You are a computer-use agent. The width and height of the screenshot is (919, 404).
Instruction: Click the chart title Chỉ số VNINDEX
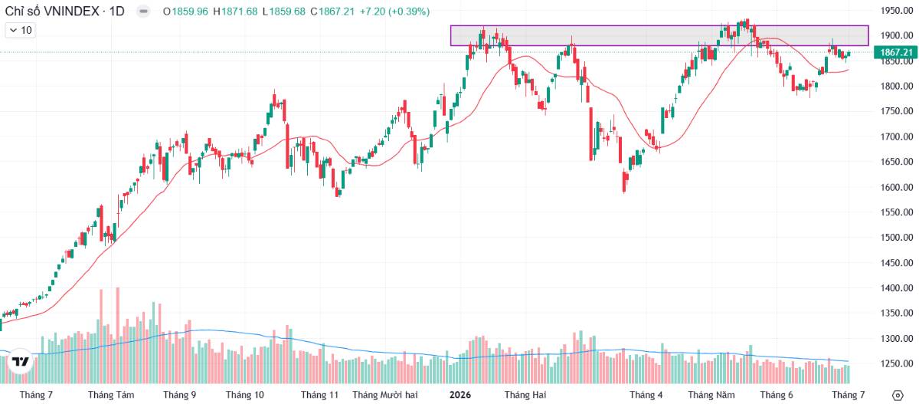pos(52,11)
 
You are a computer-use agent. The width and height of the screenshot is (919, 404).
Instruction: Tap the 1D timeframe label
pos(117,11)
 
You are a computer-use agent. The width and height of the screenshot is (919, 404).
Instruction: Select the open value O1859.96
pos(186,11)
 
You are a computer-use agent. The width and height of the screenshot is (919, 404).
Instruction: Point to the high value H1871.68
pos(235,11)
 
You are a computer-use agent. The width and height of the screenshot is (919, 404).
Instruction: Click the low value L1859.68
pos(284,11)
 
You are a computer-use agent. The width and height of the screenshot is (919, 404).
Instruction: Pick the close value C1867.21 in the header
pos(332,11)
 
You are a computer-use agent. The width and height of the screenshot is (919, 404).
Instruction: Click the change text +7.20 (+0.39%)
pos(394,11)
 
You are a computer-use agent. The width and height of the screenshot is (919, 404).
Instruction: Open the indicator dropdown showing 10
pos(21,31)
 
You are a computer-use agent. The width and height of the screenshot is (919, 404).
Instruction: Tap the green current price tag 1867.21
pos(896,53)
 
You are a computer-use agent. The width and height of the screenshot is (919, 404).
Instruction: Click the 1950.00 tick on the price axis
pos(897,10)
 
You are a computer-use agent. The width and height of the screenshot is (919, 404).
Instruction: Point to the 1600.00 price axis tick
pos(897,187)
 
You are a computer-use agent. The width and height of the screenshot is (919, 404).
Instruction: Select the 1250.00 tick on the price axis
pos(897,364)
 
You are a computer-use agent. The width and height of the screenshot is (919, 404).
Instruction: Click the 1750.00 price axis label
pos(897,111)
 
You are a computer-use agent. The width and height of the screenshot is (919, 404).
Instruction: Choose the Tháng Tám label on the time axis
pos(111,395)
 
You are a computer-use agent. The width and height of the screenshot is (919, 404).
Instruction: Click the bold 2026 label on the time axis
pos(460,395)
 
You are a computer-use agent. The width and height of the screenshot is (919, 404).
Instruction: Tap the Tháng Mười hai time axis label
pos(384,395)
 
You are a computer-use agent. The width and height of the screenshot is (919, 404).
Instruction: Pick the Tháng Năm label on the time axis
pos(711,395)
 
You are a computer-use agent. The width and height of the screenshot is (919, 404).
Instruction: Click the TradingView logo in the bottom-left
pos(20,362)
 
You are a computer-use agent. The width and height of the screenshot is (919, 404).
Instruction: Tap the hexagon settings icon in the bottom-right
pos(898,396)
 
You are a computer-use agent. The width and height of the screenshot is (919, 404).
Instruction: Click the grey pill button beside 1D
pos(143,11)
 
